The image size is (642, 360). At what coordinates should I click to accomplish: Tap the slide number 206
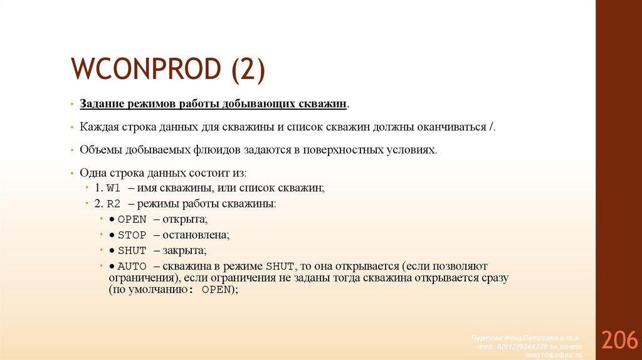click(619, 340)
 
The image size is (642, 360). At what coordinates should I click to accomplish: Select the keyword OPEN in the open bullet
click(132, 220)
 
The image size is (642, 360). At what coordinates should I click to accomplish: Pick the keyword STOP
click(132, 235)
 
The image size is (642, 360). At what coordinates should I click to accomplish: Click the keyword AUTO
click(132, 266)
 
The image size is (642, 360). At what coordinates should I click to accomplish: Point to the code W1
click(113, 188)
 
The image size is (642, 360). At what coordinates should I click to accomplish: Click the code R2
click(113, 204)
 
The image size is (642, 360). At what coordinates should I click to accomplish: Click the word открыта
click(185, 220)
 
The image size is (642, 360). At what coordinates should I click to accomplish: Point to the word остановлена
click(196, 235)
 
